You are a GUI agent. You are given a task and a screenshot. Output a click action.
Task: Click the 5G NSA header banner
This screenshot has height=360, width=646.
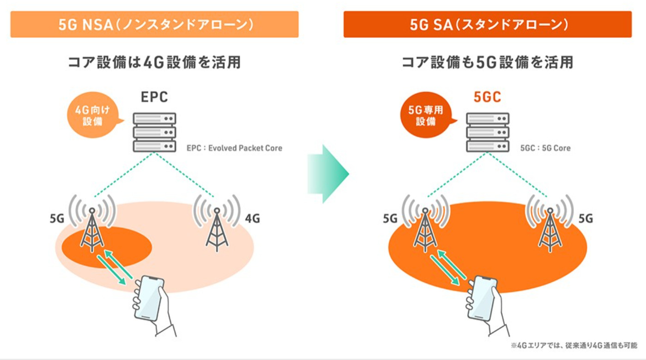coord(154,24)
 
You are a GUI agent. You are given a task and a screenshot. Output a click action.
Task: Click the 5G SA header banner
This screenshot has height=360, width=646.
coord(487,24)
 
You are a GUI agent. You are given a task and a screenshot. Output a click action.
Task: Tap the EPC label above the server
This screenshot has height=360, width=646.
coord(154,97)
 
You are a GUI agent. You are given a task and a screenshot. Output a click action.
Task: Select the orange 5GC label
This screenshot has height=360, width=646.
coord(487,97)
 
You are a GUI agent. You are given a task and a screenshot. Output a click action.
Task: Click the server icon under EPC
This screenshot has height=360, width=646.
coord(155,132)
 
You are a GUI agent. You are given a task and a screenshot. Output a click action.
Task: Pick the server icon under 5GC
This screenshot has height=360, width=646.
coord(488,132)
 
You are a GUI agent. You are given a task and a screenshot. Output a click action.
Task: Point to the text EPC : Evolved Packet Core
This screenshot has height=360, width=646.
coord(234,148)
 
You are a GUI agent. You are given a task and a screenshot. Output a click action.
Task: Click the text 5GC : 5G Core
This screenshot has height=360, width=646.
coord(545,148)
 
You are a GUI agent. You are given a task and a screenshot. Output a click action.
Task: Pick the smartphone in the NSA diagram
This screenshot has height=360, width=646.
coord(149,298)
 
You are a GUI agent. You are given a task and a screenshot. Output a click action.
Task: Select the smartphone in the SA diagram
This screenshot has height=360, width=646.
coord(482,298)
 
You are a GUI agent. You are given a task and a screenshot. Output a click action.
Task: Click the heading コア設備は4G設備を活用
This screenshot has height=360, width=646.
coord(154,62)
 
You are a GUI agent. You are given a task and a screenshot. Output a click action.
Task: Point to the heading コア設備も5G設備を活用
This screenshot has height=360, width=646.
coord(487,62)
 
